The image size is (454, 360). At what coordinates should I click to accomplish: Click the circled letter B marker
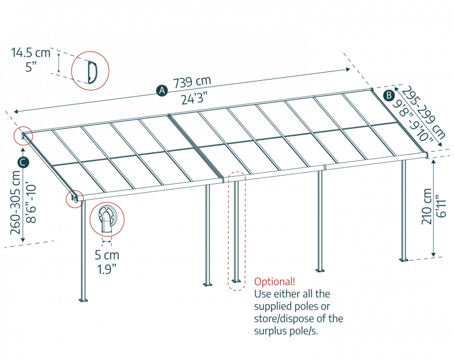[x=388, y=95]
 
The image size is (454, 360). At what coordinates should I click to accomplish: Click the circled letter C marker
[x=22, y=162]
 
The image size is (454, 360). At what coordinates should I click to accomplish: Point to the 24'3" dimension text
[x=194, y=99]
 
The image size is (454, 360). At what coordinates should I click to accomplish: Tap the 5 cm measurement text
[x=108, y=256]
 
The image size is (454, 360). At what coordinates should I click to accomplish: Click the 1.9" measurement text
[x=108, y=269]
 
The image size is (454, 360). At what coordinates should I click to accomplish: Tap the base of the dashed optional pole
[x=236, y=286]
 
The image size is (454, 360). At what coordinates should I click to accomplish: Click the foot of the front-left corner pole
[x=84, y=300]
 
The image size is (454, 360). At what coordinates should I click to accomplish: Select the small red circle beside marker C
[x=24, y=136]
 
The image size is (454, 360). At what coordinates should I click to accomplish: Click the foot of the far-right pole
[x=403, y=258]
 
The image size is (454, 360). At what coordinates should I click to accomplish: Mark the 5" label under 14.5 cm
[x=30, y=66]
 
